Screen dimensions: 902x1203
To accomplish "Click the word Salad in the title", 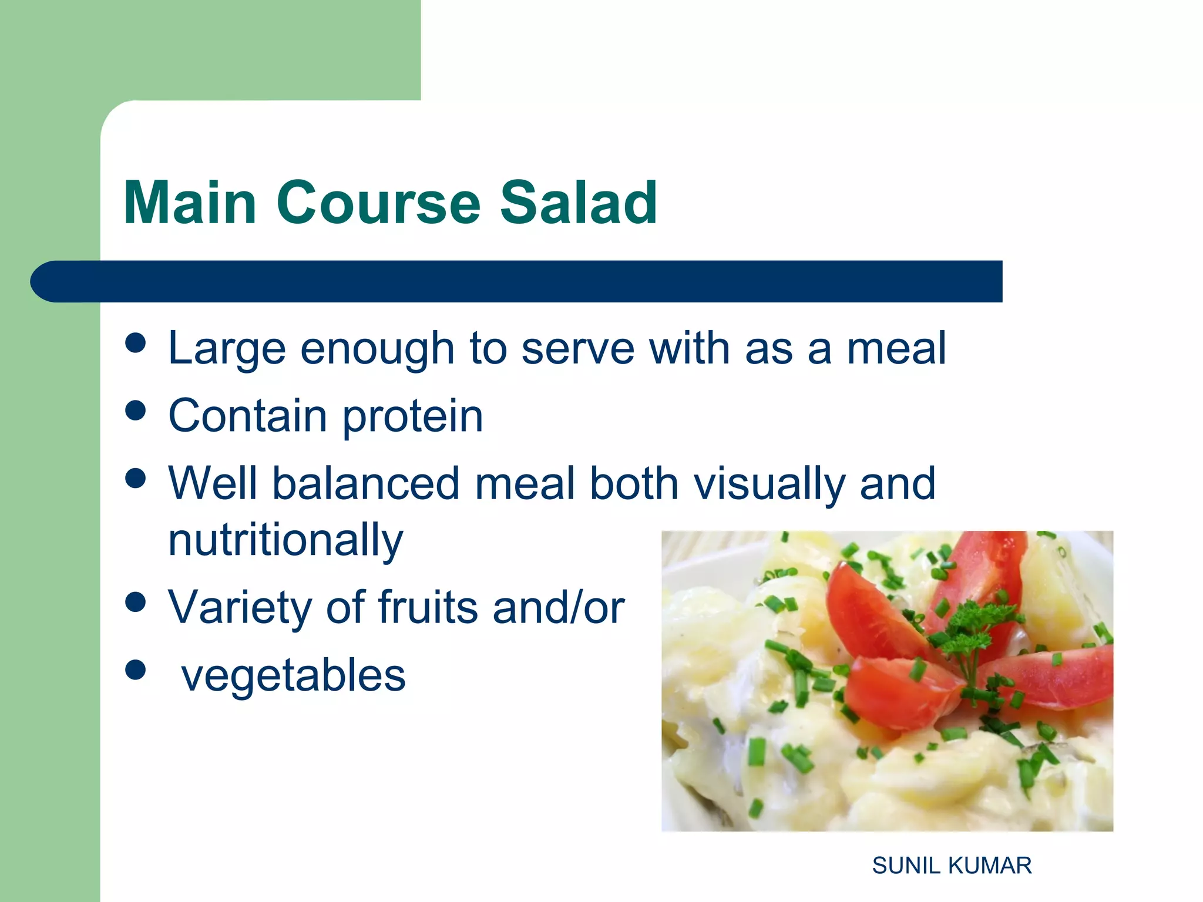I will pyautogui.click(x=578, y=203).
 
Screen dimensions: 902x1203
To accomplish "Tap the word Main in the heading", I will pyautogui.click(x=190, y=203).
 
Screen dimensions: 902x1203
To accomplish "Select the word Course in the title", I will pyautogui.click(x=378, y=203).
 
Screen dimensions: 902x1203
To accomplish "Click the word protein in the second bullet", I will pyautogui.click(x=413, y=417).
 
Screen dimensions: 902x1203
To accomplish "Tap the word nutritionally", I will pyautogui.click(x=285, y=540).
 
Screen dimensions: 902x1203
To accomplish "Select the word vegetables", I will pyautogui.click(x=293, y=676).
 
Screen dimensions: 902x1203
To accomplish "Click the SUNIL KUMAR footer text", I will pyautogui.click(x=952, y=866).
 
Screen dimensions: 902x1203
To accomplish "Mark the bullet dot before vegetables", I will pyautogui.click(x=136, y=669).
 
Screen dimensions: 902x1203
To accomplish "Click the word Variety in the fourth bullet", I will pyautogui.click(x=240, y=608).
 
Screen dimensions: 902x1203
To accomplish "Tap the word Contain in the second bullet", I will pyautogui.click(x=247, y=416).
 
